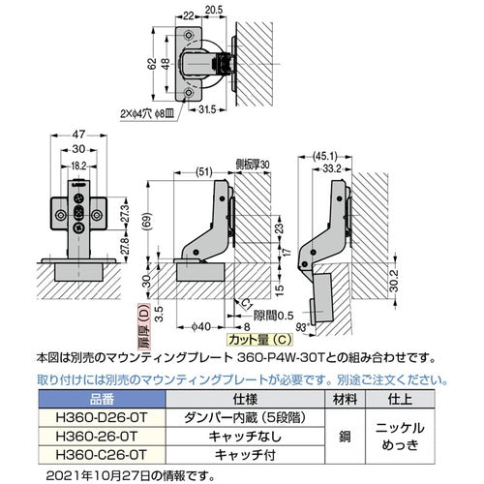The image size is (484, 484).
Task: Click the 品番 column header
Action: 101,398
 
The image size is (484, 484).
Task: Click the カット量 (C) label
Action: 252,340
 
